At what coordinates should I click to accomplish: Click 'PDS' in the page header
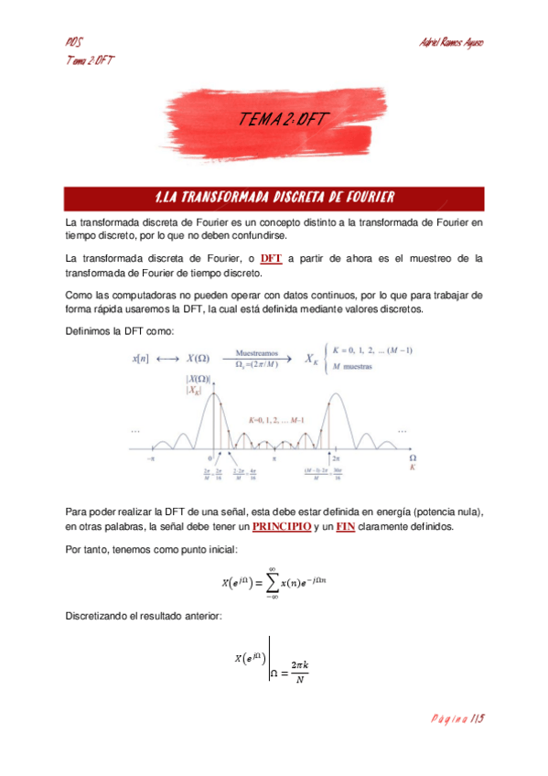[x=75, y=43]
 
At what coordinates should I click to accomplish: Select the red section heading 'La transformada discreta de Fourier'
[x=275, y=198]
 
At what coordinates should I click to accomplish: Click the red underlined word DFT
[x=271, y=258]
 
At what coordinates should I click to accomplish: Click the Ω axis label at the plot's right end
[x=412, y=457]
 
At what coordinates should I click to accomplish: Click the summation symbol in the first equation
[x=272, y=581]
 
